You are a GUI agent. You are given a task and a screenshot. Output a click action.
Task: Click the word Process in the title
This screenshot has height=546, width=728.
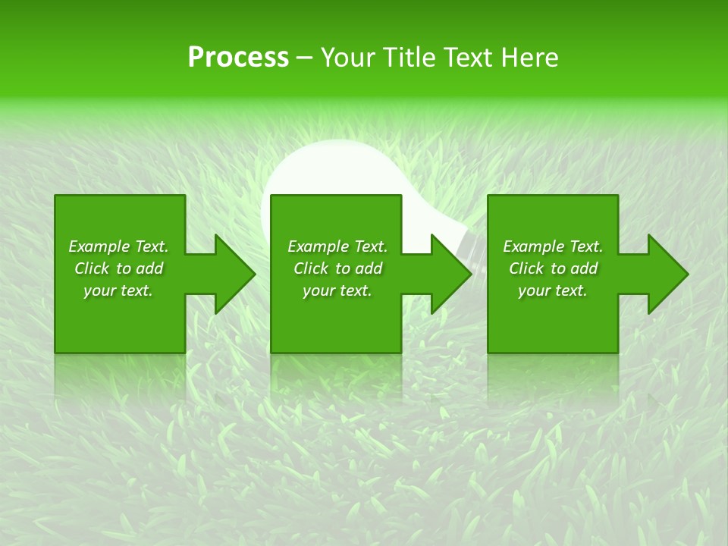(x=238, y=58)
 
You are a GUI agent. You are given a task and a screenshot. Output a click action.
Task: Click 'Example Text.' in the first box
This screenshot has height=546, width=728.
(x=118, y=246)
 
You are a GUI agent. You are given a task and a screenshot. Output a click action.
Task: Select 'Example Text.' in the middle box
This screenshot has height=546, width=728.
(x=337, y=246)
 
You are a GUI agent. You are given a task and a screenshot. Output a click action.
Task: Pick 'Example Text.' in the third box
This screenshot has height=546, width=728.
(x=553, y=246)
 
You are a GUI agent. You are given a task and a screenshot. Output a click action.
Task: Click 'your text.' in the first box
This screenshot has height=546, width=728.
(x=118, y=290)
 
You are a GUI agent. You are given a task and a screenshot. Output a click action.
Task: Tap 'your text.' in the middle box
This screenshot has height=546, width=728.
(x=337, y=290)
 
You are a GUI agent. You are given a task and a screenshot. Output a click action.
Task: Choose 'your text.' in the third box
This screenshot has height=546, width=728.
(x=553, y=290)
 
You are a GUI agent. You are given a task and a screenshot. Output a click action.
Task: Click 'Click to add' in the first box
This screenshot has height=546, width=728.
(x=118, y=268)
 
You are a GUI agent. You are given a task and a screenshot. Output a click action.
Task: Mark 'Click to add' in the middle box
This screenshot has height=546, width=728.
(x=337, y=268)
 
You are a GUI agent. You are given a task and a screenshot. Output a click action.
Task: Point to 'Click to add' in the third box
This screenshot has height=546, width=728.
(x=553, y=268)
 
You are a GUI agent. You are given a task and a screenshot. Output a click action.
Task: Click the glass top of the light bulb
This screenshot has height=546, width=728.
(x=318, y=171)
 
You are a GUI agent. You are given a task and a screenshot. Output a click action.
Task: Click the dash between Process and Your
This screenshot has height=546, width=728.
(x=305, y=58)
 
